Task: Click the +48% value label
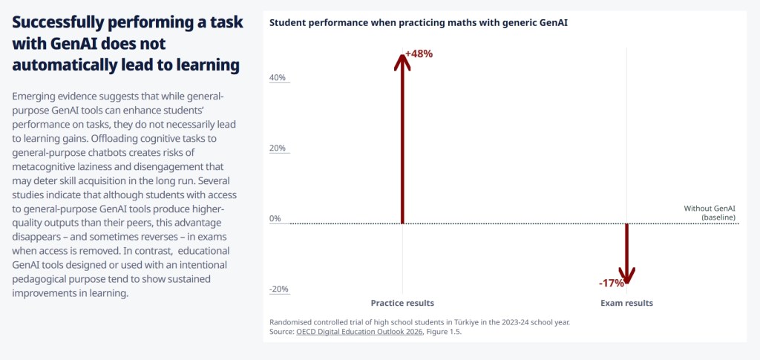coord(419,53)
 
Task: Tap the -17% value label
coord(612,283)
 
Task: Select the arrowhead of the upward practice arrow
coord(402,60)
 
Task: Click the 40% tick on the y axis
coord(276,78)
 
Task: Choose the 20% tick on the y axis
coord(276,148)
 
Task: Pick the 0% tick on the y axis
coord(275,218)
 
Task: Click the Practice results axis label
coord(402,303)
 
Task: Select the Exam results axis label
coord(626,303)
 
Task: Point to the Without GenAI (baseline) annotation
coord(710,213)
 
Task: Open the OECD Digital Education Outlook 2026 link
coord(359,332)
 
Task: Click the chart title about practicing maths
coord(419,22)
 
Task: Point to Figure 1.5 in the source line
coord(445,332)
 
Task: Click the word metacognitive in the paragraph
coord(49,166)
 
